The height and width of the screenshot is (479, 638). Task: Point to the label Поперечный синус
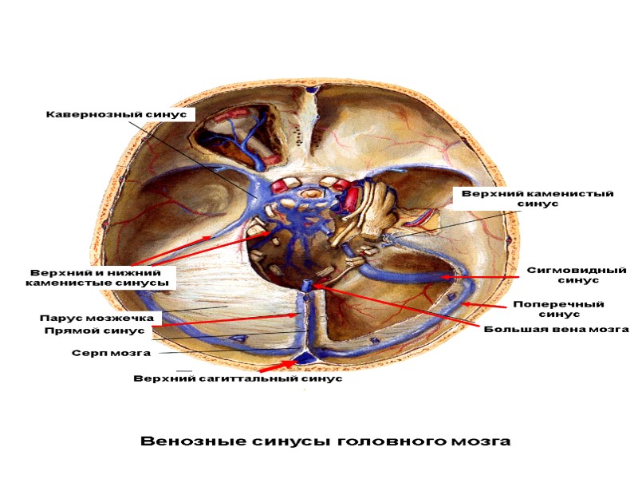click(558, 309)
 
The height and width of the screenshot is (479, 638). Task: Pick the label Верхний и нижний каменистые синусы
click(96, 277)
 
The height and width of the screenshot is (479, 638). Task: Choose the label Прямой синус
click(104, 331)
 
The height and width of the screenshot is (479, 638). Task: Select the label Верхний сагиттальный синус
click(238, 378)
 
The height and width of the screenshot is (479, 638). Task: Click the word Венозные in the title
click(186, 441)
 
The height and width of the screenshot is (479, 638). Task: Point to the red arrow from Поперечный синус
click(486, 304)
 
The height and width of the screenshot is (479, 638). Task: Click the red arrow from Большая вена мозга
click(399, 307)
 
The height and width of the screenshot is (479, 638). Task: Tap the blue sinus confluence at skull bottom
click(305, 359)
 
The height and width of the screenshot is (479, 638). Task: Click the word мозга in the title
click(471, 441)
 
